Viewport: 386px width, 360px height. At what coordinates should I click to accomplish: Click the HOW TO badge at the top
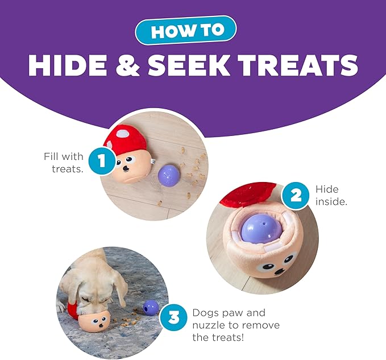point(185,31)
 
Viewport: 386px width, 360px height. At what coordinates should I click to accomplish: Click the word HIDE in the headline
point(68,65)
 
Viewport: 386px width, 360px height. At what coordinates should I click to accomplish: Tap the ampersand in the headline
point(127,65)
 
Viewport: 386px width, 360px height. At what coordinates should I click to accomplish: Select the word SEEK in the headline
point(188,65)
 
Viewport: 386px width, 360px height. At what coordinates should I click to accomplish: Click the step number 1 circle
point(102,161)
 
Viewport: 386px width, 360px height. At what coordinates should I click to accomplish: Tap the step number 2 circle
point(296,196)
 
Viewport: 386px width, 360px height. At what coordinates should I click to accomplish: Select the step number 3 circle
point(173,317)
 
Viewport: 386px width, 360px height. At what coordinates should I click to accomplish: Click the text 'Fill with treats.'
point(64,163)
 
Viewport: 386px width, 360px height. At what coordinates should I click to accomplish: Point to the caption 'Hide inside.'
point(331,196)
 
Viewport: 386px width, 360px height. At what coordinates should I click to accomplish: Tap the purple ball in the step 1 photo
point(169,175)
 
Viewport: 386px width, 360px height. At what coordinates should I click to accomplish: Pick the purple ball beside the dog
point(151,308)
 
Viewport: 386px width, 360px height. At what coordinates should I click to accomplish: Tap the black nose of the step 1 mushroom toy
point(127,169)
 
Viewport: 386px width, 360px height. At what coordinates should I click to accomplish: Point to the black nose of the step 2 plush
point(279,271)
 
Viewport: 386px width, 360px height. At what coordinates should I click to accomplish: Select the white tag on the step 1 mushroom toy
point(153,162)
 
